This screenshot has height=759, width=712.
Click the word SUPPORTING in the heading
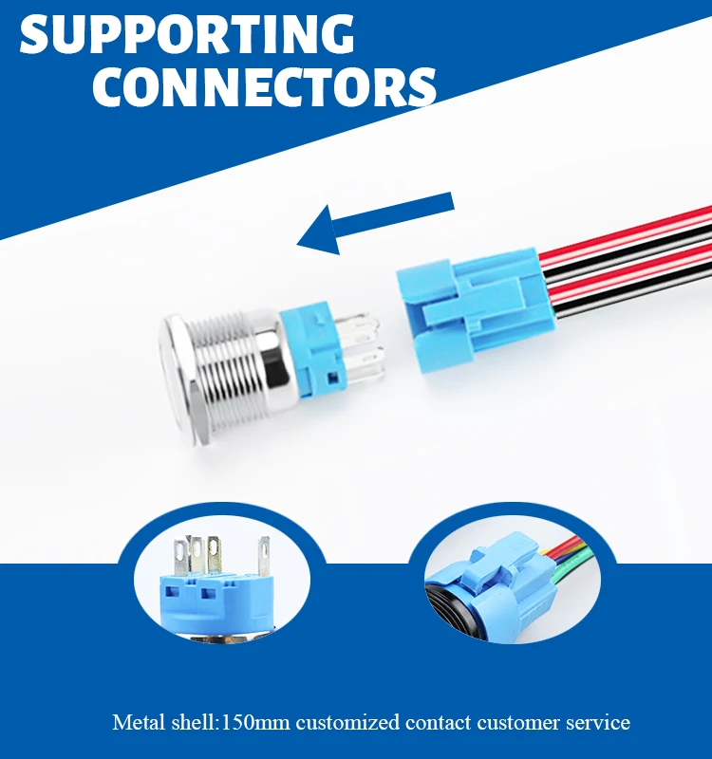click(x=186, y=35)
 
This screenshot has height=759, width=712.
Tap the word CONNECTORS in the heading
click(x=264, y=86)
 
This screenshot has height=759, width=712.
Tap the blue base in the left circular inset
click(x=209, y=602)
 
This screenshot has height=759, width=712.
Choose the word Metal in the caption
click(x=137, y=723)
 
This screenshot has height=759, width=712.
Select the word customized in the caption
click(x=347, y=723)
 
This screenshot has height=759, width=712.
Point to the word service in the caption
click(x=598, y=723)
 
